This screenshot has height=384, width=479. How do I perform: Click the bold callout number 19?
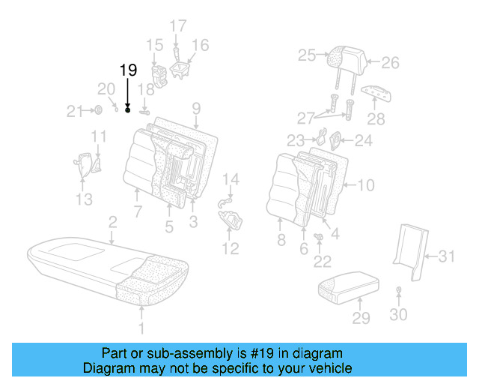pos(128,70)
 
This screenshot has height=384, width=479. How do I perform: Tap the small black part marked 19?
pos(128,110)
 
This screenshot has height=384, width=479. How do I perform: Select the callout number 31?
pos(447,256)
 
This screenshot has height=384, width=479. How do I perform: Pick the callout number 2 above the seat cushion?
pos(112,222)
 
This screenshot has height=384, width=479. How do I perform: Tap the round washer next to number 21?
pos(98,112)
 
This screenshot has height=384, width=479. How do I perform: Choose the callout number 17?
pos(177,26)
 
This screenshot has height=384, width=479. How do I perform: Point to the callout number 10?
pos(364,185)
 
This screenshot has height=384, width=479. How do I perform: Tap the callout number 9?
pos(195,109)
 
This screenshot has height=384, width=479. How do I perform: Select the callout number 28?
pos(376,118)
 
